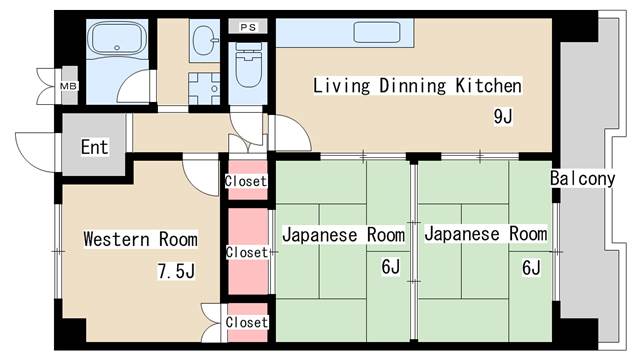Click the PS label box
(x=247, y=26)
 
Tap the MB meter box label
(x=68, y=86)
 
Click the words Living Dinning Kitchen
(x=417, y=86)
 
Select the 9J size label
(x=502, y=116)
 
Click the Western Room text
(x=140, y=239)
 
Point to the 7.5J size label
(x=175, y=270)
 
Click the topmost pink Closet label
(x=245, y=181)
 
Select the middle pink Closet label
(x=246, y=252)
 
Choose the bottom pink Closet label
(x=246, y=322)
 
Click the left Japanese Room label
(x=343, y=234)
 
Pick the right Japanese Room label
(x=485, y=234)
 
